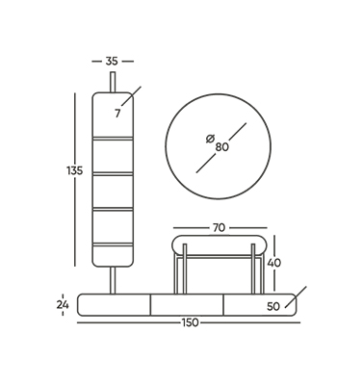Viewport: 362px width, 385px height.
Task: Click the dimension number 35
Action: [x=112, y=61]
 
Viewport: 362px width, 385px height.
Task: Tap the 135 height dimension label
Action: [x=75, y=170]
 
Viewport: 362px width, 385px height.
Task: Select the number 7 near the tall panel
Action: [x=117, y=114]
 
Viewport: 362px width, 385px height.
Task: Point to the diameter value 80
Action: [x=222, y=147]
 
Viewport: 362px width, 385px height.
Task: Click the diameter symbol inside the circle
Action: [x=210, y=139]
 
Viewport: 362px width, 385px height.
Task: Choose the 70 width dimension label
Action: [x=219, y=228]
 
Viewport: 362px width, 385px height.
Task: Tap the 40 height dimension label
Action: [x=274, y=263]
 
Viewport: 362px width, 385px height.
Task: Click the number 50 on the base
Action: [x=273, y=307]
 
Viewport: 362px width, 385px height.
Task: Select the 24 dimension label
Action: [x=63, y=305]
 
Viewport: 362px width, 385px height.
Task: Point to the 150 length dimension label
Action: [x=191, y=322]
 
